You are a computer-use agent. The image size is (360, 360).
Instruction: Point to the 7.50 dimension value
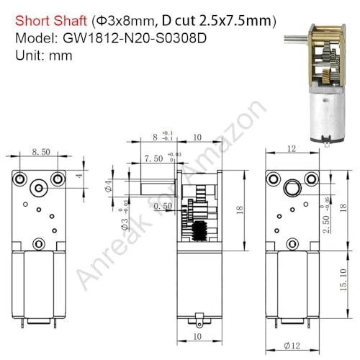[153, 158]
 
